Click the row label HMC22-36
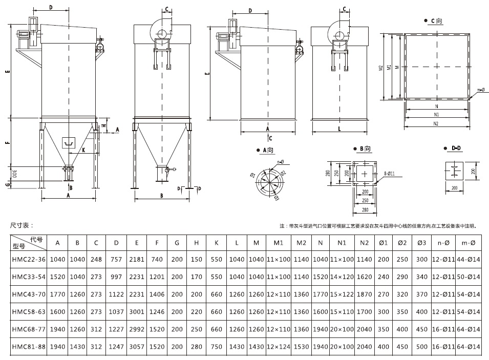29,260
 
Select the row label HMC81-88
29,347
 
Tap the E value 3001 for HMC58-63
137,312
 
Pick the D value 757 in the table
117,260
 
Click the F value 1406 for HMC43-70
157,294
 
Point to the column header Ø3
421,242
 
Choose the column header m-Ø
469,242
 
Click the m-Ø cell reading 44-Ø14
469,260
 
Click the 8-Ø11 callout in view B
390,174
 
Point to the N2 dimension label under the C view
436,124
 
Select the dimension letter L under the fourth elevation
338,130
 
